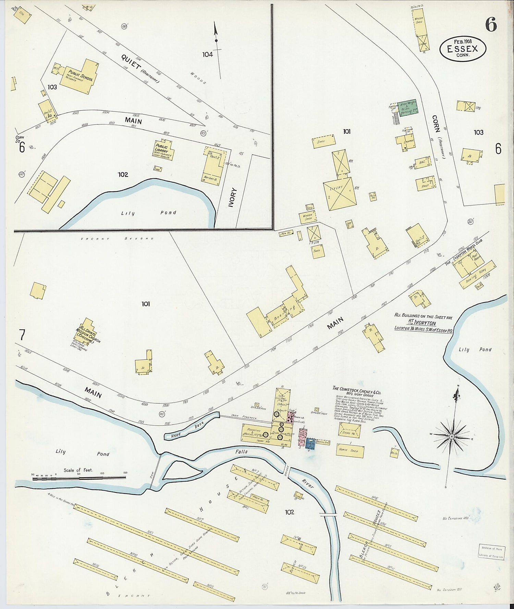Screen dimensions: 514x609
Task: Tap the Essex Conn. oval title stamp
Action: click(463, 49)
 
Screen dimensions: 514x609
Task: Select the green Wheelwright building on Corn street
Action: click(407, 109)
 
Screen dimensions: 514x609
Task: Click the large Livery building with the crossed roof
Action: click(339, 193)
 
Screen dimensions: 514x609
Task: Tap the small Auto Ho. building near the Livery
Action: click(373, 196)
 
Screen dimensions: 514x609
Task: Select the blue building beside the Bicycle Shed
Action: click(310, 444)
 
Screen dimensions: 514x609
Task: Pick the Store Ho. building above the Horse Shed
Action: click(350, 430)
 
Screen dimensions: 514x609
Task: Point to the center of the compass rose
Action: click(452, 436)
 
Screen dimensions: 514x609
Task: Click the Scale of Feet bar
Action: click(79, 478)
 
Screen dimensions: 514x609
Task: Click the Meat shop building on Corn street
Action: click(426, 184)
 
